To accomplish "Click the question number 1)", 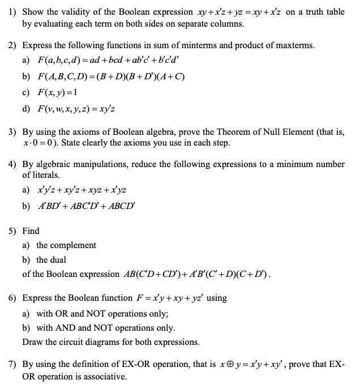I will pyautogui.click(x=12, y=12).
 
